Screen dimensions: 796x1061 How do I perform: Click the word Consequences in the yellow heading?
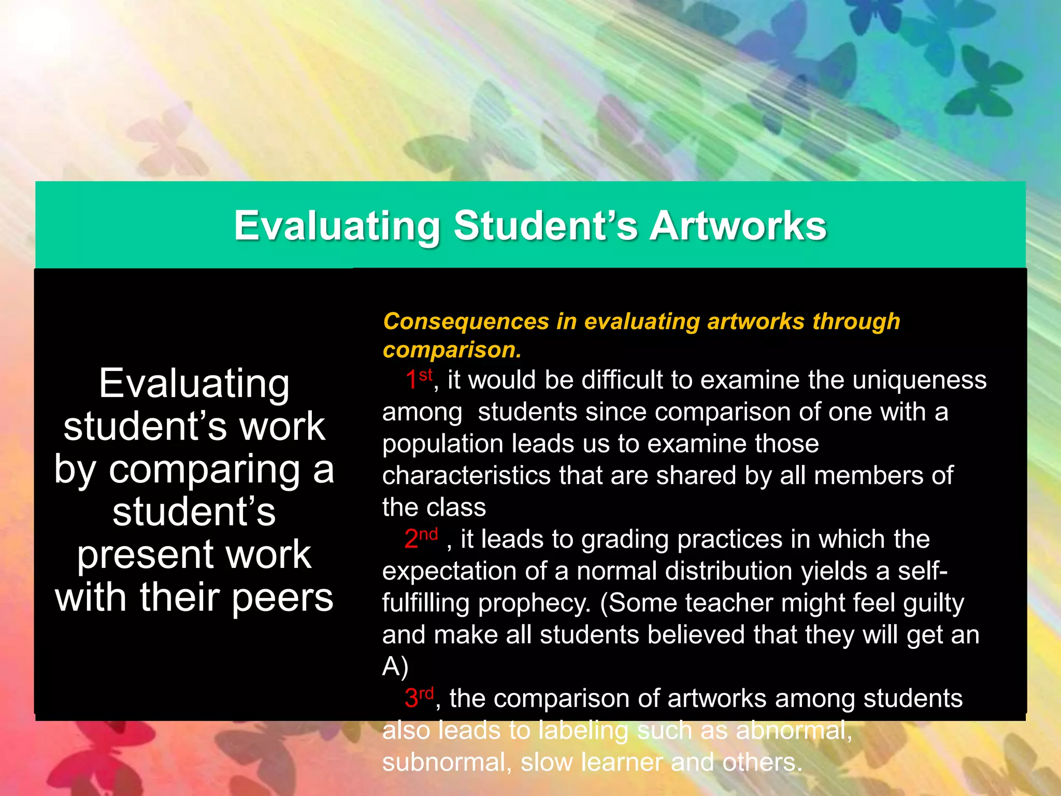pyautogui.click(x=466, y=321)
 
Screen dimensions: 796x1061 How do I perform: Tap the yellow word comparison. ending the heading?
pyautogui.click(x=452, y=350)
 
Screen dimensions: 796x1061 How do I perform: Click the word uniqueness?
pyautogui.click(x=920, y=380)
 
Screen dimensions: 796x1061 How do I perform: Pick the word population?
pyautogui.click(x=442, y=444)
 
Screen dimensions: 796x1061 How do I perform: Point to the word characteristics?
pyautogui.click(x=466, y=475)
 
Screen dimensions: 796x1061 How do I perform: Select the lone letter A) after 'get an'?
pyautogui.click(x=395, y=666)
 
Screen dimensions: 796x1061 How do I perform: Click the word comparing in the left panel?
pyautogui.click(x=204, y=470)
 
